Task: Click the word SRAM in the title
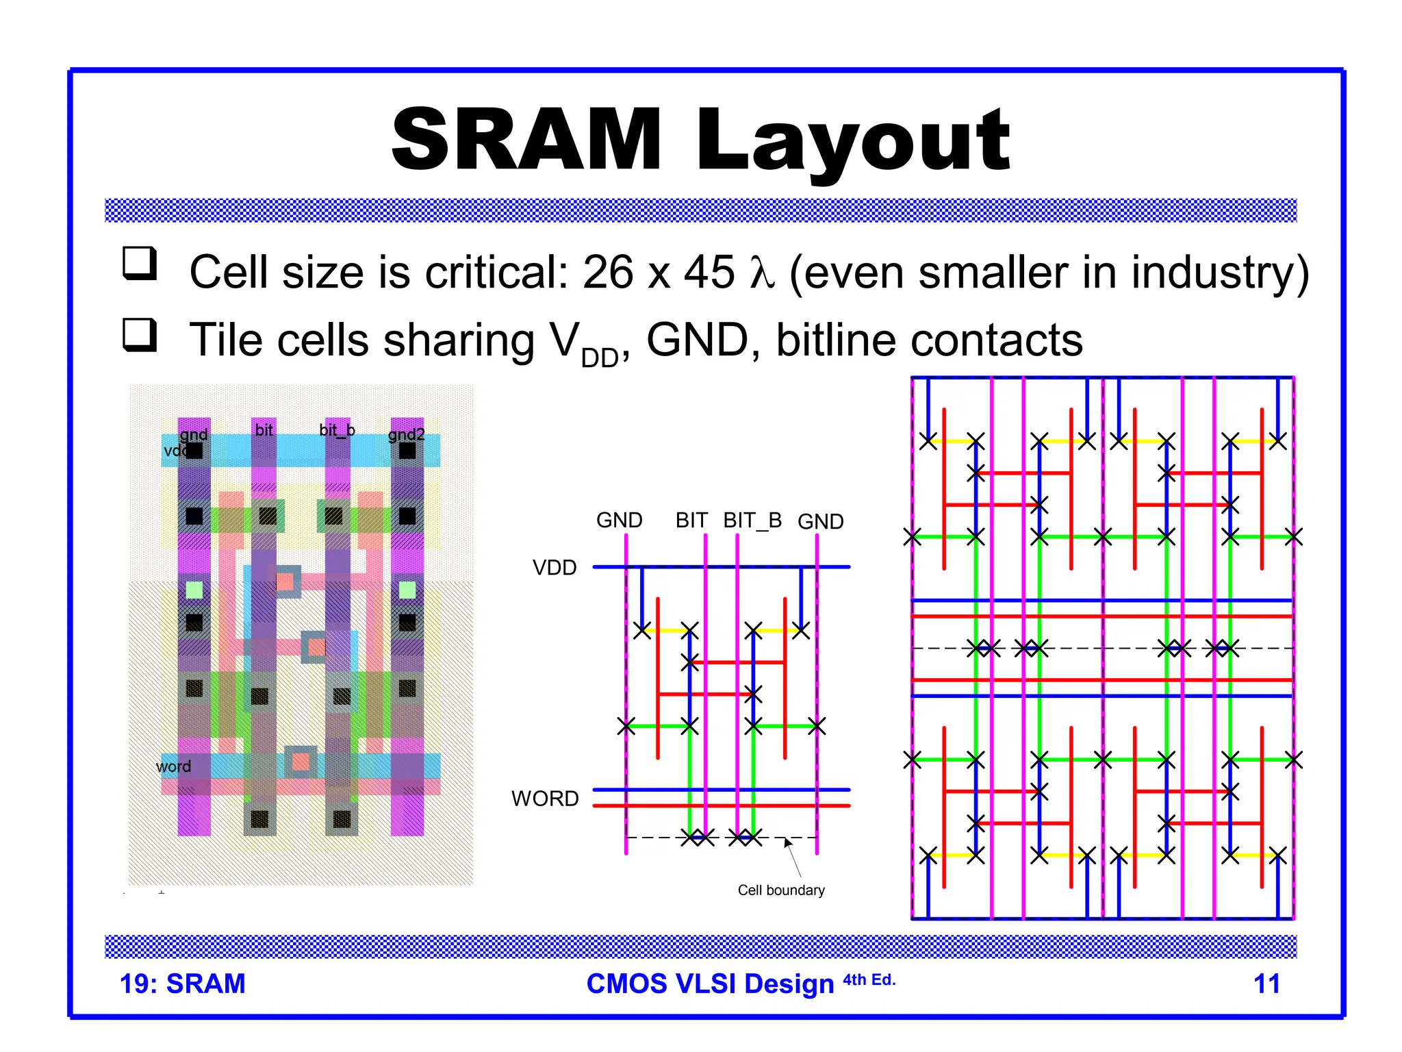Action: (526, 140)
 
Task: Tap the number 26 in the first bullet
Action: (607, 272)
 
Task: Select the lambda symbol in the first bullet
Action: (762, 273)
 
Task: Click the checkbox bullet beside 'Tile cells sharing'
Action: (140, 335)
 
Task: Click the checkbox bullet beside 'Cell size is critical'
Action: (140, 264)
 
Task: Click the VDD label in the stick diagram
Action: (555, 568)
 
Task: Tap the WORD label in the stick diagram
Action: (545, 799)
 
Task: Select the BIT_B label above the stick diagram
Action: (752, 521)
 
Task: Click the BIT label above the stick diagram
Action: (691, 521)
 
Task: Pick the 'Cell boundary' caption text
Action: (781, 890)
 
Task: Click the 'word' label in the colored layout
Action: (173, 766)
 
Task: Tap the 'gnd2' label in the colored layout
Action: (407, 434)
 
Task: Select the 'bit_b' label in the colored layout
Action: (337, 430)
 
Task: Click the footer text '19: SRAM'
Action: (182, 984)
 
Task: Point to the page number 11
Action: (1266, 984)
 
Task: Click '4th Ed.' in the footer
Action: (869, 980)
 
